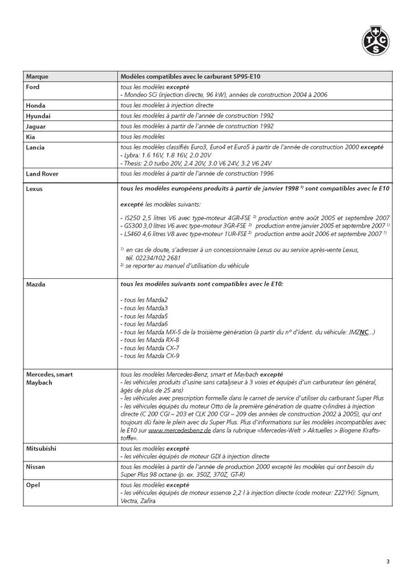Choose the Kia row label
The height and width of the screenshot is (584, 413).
point(31,136)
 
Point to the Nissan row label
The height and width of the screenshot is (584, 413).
point(37,466)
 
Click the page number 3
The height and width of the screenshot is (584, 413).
point(387,562)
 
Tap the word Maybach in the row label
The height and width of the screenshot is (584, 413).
point(39,382)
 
